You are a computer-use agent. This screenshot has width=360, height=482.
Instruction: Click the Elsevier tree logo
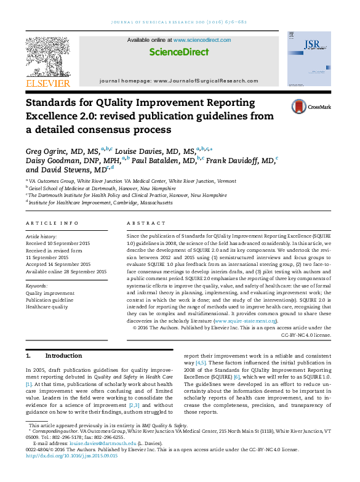point(47,57)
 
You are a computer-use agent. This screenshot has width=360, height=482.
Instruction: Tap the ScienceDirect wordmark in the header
point(179,52)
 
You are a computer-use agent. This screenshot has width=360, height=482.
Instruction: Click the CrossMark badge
point(311,106)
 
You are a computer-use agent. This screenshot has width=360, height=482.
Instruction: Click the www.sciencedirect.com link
point(202,39)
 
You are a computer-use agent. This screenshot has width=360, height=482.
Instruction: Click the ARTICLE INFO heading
point(52,223)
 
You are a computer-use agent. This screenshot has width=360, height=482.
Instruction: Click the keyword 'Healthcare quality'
point(47,307)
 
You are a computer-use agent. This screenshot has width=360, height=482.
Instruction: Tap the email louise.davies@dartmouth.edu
point(101,443)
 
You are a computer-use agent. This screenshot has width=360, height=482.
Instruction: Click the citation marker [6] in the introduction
point(236,376)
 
